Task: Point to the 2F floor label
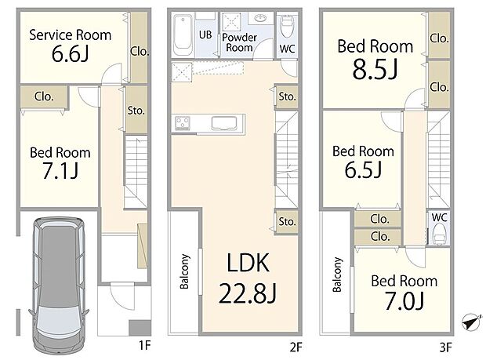click(x=303, y=344)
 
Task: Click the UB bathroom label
click(x=205, y=35)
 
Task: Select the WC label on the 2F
click(x=288, y=48)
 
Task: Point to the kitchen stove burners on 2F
click(x=183, y=122)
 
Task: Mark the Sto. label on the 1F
click(x=136, y=110)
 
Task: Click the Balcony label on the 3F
click(x=338, y=275)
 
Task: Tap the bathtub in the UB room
click(x=182, y=35)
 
